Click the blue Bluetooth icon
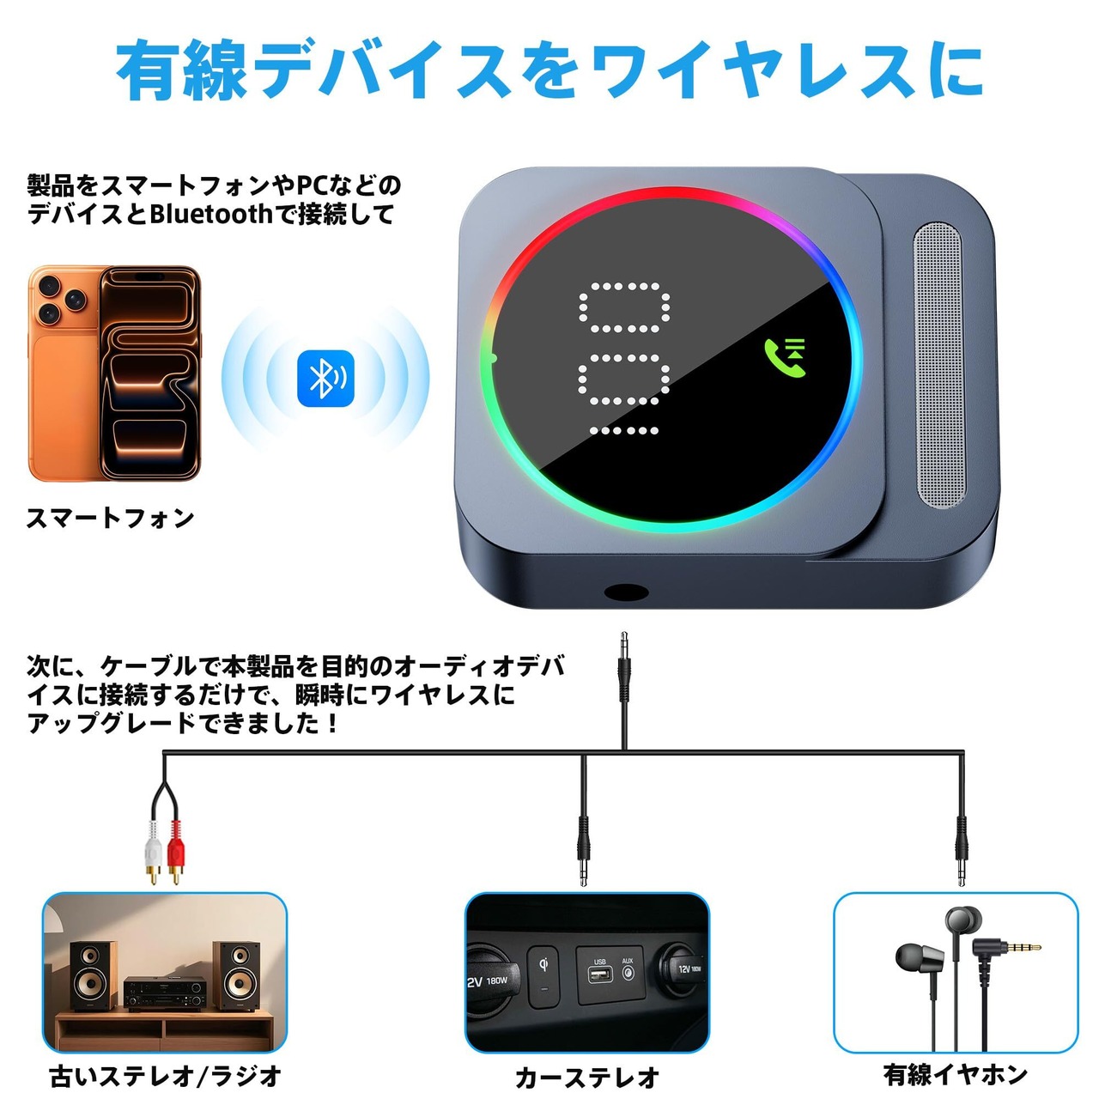[x=325, y=378]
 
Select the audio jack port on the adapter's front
[x=626, y=592]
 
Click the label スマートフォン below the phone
[x=111, y=518]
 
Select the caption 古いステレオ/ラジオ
[x=166, y=1076]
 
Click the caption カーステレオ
[x=587, y=1077]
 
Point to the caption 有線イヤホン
[x=956, y=1074]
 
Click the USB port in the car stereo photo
[x=599, y=974]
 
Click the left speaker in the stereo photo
[x=93, y=977]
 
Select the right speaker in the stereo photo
[x=235, y=976]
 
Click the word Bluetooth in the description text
[x=210, y=214]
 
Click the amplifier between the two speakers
[x=164, y=993]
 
